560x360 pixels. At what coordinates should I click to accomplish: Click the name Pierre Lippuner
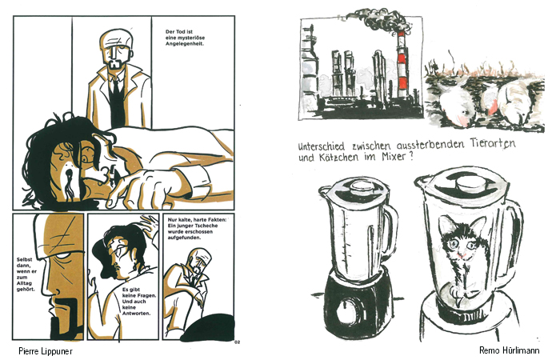[x=46, y=351]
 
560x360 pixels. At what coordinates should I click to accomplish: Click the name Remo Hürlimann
[x=510, y=350]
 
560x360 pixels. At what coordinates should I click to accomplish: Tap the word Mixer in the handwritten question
[x=393, y=157]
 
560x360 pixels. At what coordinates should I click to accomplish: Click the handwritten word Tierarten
[x=494, y=143]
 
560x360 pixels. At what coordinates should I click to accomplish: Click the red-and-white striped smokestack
[x=402, y=66]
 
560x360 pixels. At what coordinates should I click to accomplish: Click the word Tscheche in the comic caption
[x=206, y=226]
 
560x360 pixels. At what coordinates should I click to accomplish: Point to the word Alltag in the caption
[x=25, y=283]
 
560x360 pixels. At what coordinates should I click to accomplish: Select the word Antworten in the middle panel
[x=136, y=314]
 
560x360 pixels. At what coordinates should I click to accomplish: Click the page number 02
[x=238, y=342]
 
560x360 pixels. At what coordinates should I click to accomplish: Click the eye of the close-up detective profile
[x=63, y=256]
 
